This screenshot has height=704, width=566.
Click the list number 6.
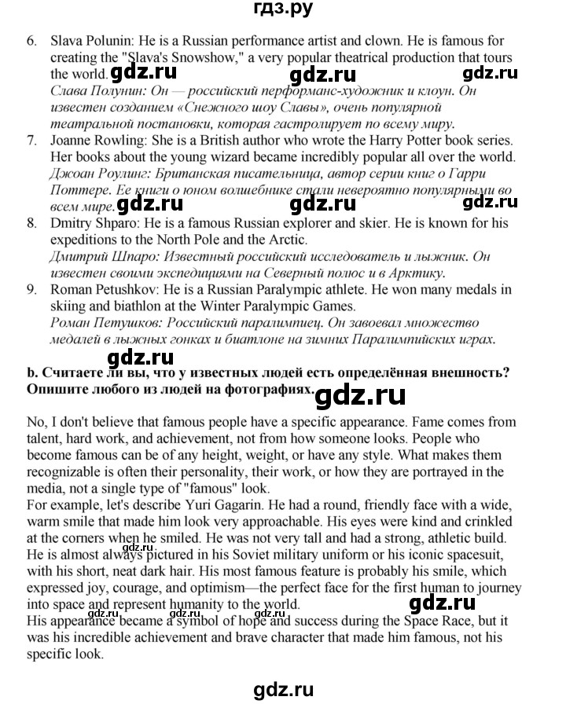tap(31, 40)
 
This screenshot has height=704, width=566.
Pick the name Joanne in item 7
tap(73, 141)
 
